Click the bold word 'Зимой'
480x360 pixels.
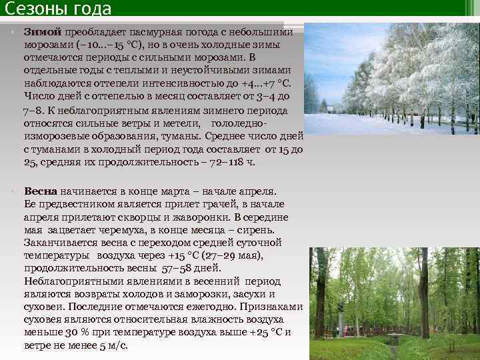pos(43,32)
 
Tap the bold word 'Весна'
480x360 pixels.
pos(42,191)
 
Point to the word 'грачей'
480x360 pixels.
pos(234,204)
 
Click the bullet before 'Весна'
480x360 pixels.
pos(13,191)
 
